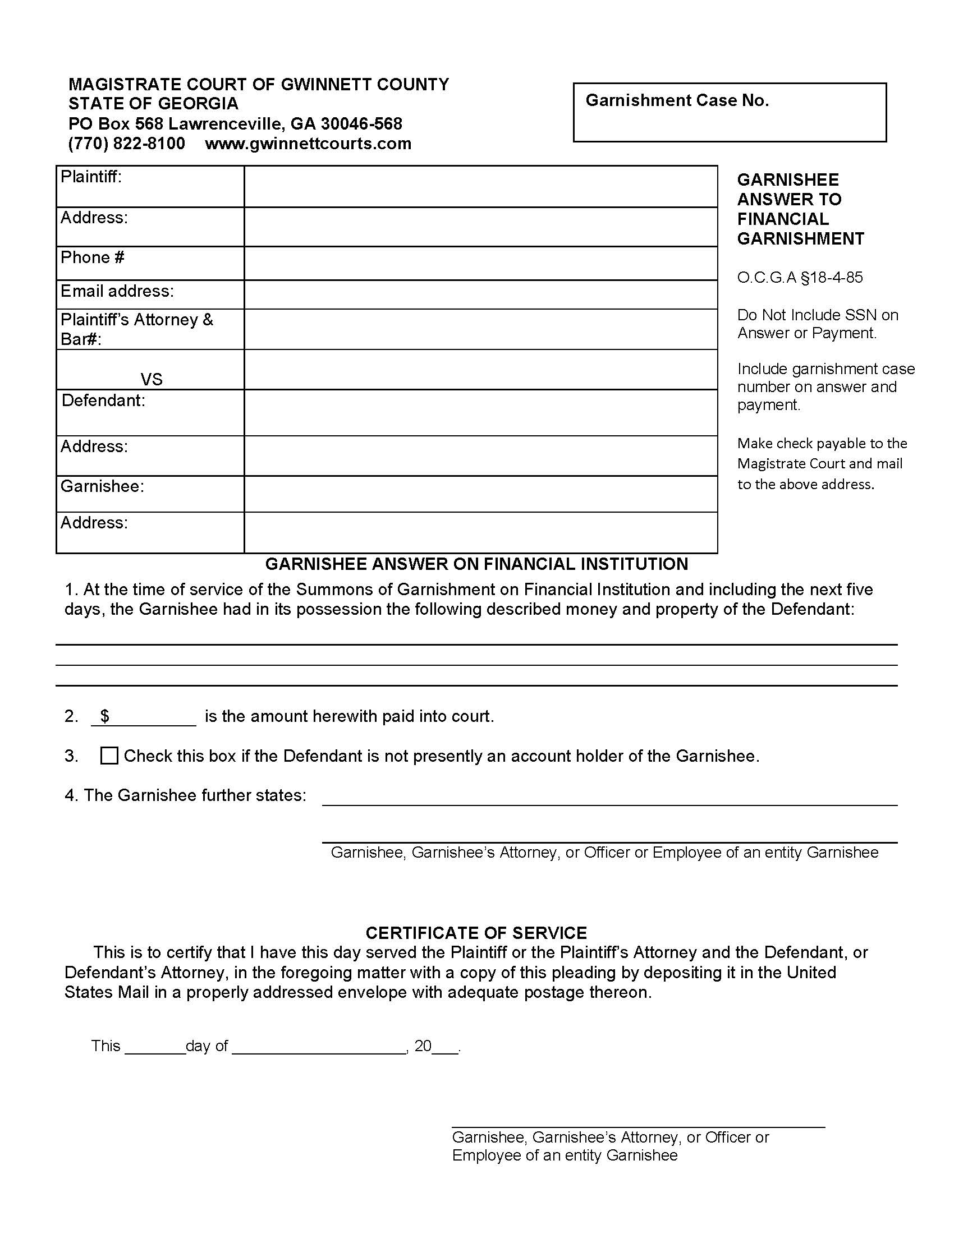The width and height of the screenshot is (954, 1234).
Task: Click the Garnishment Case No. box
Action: tap(729, 112)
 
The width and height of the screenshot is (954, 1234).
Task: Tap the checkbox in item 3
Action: tap(109, 756)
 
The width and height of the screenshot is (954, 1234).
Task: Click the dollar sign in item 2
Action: tap(104, 716)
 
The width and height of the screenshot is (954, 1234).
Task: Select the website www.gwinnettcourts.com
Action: tap(308, 144)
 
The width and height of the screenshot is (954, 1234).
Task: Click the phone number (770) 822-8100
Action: tap(127, 144)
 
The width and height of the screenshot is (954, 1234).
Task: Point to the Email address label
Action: tap(117, 291)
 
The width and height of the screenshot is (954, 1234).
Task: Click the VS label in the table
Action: tap(152, 379)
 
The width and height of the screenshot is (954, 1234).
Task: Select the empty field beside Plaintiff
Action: tap(480, 186)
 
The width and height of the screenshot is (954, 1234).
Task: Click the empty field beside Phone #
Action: tap(480, 263)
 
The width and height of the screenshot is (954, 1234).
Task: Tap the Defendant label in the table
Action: tap(103, 400)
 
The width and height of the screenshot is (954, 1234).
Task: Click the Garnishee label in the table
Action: tap(102, 486)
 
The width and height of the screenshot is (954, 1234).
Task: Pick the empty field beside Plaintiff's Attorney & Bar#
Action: tap(480, 329)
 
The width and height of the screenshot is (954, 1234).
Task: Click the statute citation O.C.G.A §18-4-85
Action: tap(800, 278)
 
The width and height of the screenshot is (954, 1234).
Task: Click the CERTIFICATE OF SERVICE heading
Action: tap(476, 933)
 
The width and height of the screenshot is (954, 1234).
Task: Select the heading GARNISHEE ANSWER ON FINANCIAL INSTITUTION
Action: tap(476, 564)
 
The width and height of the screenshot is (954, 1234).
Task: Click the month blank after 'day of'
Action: tap(319, 1047)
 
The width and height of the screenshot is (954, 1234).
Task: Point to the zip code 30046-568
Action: tap(361, 124)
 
